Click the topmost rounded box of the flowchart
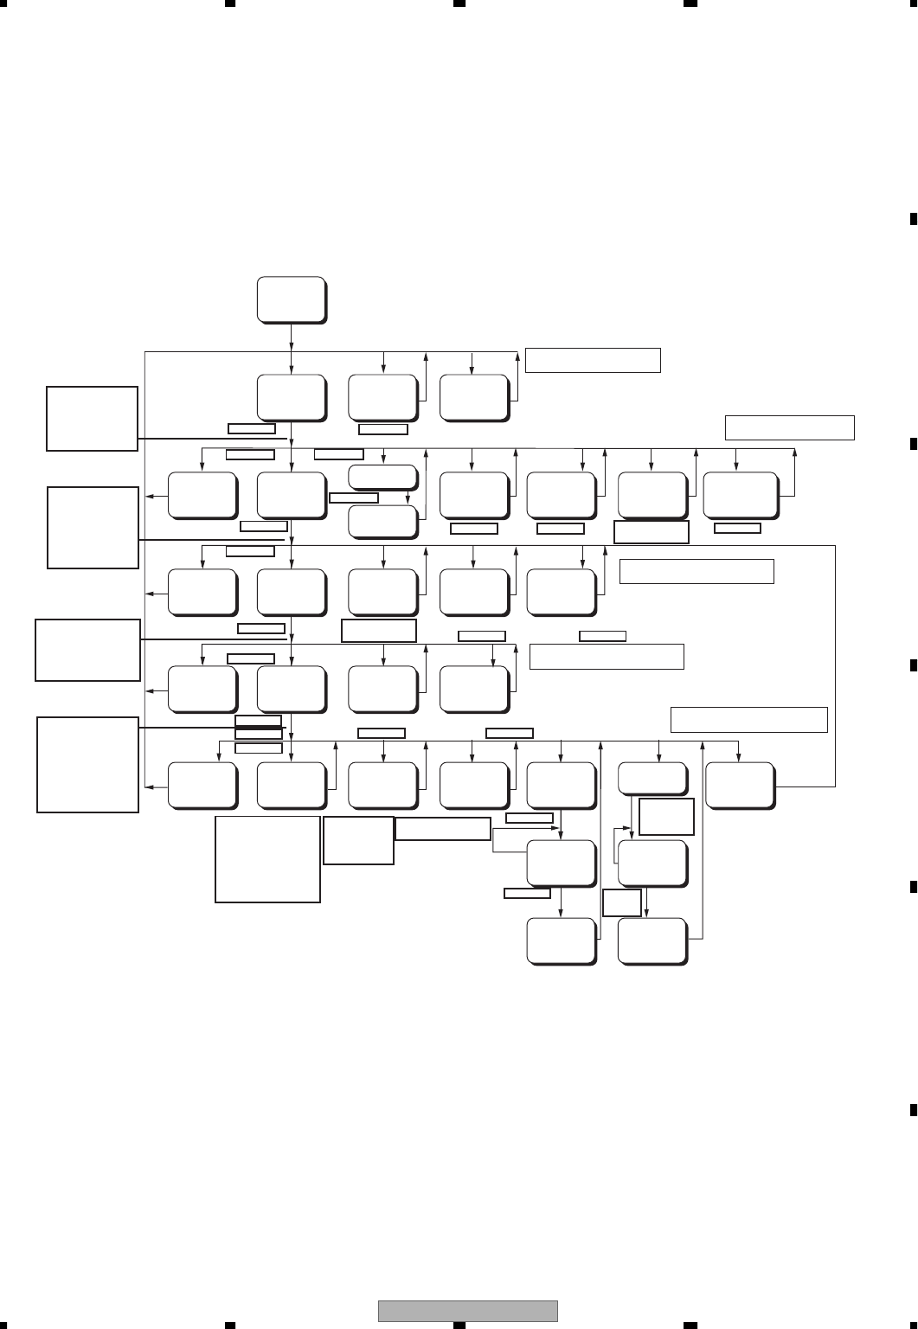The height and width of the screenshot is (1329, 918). pyautogui.click(x=292, y=299)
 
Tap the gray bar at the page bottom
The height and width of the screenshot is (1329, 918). pyautogui.click(x=467, y=1311)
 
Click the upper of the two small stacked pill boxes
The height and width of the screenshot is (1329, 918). pyautogui.click(x=382, y=476)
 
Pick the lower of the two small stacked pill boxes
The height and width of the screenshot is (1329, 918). pyautogui.click(x=382, y=520)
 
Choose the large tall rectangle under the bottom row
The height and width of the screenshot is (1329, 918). pyautogui.click(x=267, y=858)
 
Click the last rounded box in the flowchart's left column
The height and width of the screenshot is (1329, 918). pyautogui.click(x=202, y=786)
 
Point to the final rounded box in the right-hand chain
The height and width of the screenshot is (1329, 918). pyautogui.click(x=653, y=941)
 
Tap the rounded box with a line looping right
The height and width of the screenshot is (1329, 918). pyautogui.click(x=740, y=785)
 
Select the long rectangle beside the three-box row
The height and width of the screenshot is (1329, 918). pyautogui.click(x=593, y=360)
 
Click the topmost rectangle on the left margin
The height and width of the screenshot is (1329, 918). pyautogui.click(x=92, y=419)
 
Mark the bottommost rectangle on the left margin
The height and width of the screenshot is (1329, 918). pyautogui.click(x=87, y=764)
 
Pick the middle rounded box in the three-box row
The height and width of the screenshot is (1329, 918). pyautogui.click(x=382, y=397)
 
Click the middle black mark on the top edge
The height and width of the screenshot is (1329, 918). pyautogui.click(x=459, y=3)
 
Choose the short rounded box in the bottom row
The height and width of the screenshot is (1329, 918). pyautogui.click(x=652, y=779)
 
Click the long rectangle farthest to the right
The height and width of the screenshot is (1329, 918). pyautogui.click(x=789, y=427)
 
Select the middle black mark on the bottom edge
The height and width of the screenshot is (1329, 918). pyautogui.click(x=459, y=1325)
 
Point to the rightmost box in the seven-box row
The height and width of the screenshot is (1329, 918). pyautogui.click(x=740, y=495)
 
